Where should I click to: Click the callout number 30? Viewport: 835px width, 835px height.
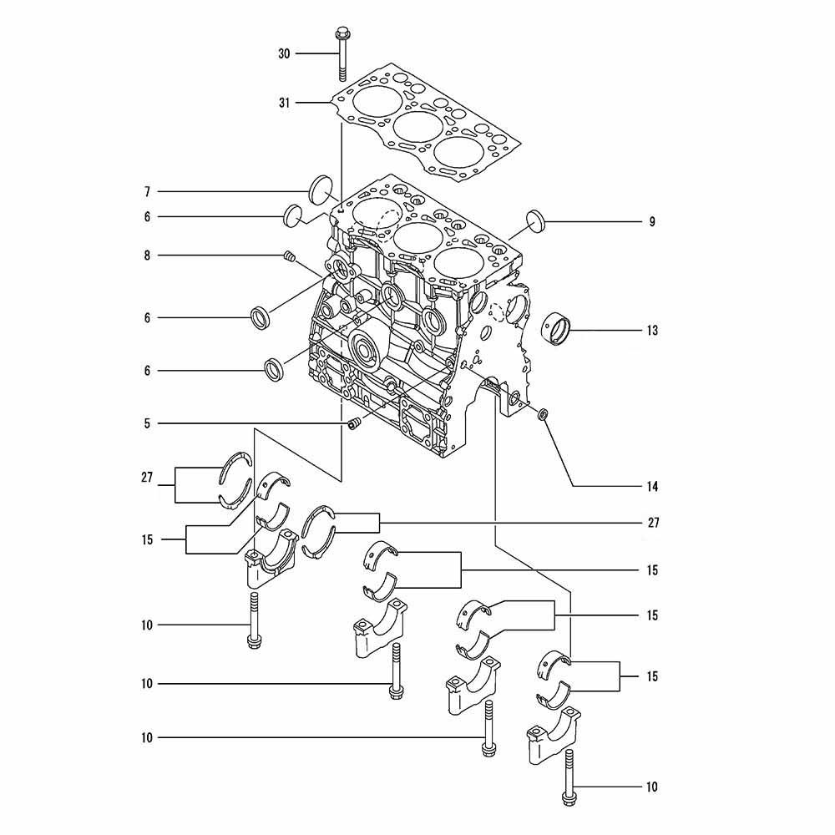(x=285, y=53)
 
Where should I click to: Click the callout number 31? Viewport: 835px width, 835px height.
(x=285, y=103)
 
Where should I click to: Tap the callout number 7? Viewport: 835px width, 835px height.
(x=148, y=192)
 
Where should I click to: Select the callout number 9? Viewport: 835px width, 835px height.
(x=652, y=222)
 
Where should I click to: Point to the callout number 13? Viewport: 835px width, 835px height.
(x=652, y=331)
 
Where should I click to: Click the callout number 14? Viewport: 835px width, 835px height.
(x=652, y=486)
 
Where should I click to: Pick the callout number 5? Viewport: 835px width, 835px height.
(x=148, y=424)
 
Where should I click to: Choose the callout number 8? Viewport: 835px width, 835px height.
(x=148, y=256)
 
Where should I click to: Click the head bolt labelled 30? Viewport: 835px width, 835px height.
(x=342, y=55)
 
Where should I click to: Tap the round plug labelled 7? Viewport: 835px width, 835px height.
(x=321, y=190)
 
